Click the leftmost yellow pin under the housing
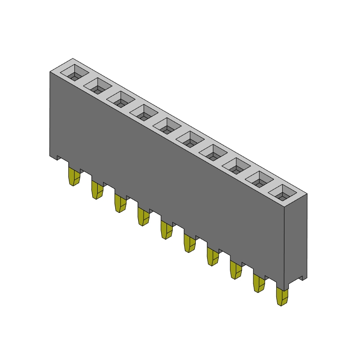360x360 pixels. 73,176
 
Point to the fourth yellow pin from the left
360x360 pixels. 143,216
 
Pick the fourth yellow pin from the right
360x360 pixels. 212,256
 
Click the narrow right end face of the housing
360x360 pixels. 297,238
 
